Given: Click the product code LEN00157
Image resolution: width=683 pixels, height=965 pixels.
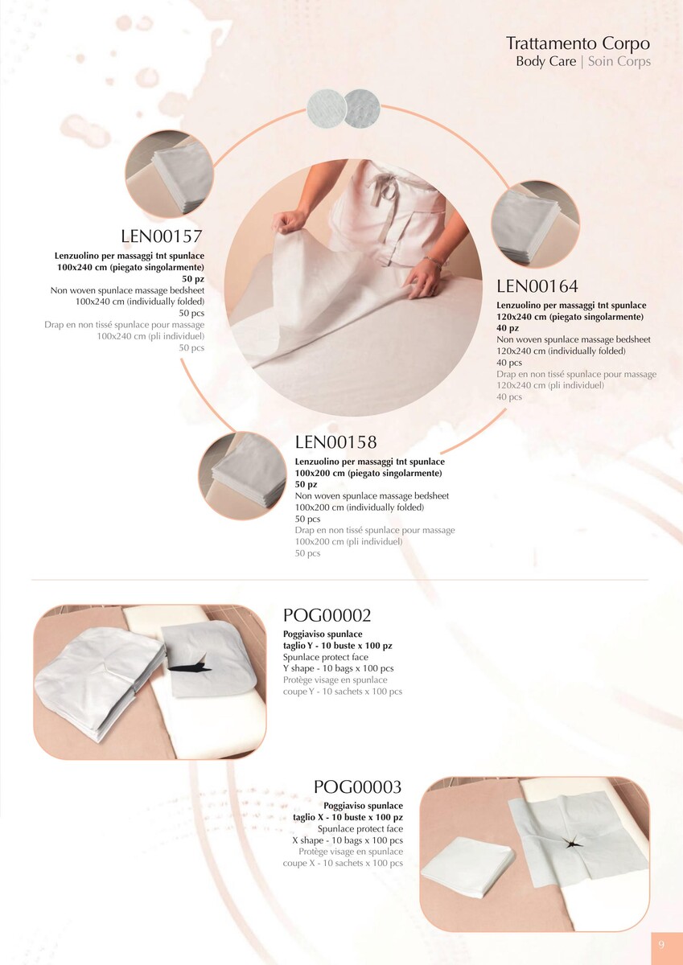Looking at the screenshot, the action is pyautogui.click(x=161, y=236).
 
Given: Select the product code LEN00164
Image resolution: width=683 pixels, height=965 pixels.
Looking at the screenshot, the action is pyautogui.click(x=537, y=286).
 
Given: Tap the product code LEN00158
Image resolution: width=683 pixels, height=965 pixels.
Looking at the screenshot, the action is pyautogui.click(x=335, y=442).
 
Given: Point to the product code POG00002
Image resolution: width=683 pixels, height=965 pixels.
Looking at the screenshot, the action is pyautogui.click(x=327, y=615).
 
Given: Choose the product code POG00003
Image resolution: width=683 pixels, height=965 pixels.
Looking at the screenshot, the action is pyautogui.click(x=358, y=787).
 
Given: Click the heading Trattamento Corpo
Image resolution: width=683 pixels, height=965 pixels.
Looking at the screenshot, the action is pyautogui.click(x=578, y=43).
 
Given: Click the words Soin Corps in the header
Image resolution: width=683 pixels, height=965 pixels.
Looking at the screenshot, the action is pyautogui.click(x=619, y=61).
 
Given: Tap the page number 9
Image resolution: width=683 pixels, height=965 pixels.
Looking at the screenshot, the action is pyautogui.click(x=661, y=945).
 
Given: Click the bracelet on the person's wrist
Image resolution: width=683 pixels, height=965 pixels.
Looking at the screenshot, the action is pyautogui.click(x=433, y=262).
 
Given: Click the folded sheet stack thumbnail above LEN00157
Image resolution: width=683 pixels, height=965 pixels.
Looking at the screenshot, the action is pyautogui.click(x=170, y=174).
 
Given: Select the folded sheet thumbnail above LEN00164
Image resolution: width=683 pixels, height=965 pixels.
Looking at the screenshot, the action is pyautogui.click(x=535, y=224).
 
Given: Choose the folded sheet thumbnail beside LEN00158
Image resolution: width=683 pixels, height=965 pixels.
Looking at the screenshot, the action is pyautogui.click(x=242, y=475).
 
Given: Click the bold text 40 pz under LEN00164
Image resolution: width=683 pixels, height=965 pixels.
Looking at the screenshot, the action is pyautogui.click(x=508, y=328).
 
